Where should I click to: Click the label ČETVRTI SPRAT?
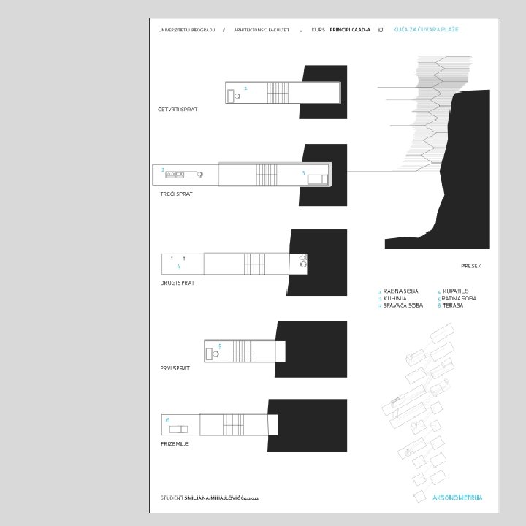point(178,109)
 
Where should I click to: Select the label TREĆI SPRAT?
point(177,195)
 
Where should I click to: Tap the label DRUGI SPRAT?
point(178,282)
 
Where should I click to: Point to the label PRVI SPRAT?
point(175,368)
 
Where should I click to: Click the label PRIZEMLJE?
point(175,444)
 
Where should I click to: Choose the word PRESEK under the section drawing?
point(471,266)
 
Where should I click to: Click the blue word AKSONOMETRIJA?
point(457,498)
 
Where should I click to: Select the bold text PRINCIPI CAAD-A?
point(351,30)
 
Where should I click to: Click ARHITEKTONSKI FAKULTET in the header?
point(262,30)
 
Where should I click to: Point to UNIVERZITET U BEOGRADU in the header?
point(187,30)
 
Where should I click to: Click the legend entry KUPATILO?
point(455,291)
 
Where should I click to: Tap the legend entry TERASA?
point(453,305)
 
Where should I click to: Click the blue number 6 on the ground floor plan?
point(167,420)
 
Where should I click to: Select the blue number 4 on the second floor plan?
point(178,267)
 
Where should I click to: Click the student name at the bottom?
point(219,497)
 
